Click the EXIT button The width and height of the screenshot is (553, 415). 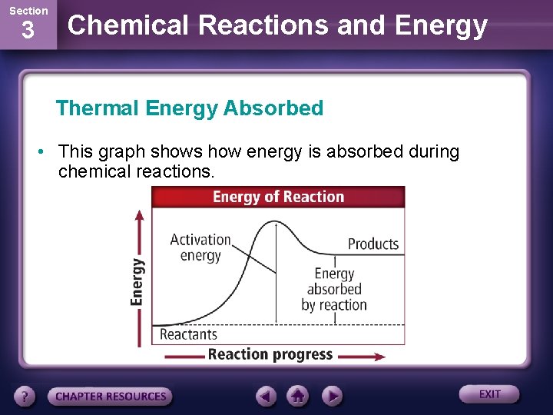489,394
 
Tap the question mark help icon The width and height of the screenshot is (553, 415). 25,397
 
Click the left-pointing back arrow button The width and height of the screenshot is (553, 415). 267,396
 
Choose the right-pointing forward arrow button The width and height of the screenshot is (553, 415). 331,396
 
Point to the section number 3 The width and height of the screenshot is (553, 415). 28,32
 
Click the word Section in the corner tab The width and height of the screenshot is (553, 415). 28,11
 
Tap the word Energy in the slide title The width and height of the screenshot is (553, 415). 440,25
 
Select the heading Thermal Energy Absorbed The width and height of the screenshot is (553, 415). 190,108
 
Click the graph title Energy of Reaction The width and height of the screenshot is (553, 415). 278,197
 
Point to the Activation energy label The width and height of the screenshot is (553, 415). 200,247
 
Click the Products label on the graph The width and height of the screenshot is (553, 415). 373,244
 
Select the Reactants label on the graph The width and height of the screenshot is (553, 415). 188,334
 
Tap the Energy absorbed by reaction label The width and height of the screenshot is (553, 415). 334,289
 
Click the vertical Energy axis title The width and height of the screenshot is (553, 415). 137,281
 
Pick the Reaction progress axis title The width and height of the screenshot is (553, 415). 270,354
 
